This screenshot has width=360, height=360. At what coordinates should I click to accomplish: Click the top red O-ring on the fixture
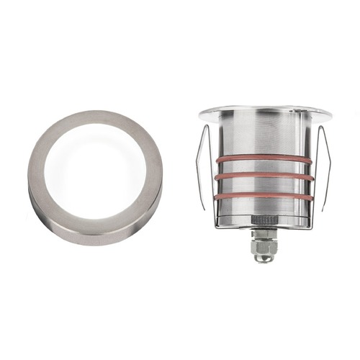coord(262,157)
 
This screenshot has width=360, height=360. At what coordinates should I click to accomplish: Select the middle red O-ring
coord(262,176)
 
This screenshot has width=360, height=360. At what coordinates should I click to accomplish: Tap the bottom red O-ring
coord(262,197)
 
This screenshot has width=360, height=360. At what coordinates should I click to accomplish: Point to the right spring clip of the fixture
coord(323,166)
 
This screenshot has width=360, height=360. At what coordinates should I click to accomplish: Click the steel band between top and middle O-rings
coord(262,167)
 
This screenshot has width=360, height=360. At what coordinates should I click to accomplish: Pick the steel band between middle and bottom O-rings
coord(262,186)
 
